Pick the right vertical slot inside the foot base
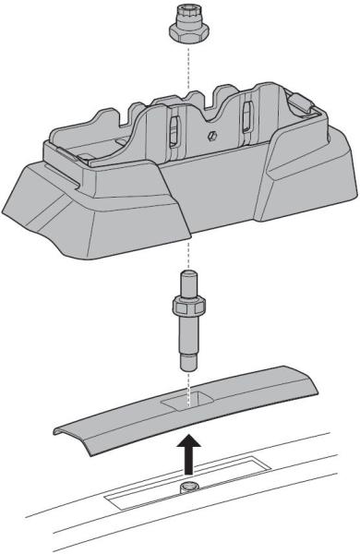[247, 114]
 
